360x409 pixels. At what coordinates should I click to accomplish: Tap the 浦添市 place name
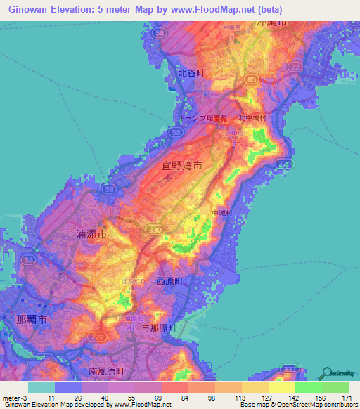click(91, 235)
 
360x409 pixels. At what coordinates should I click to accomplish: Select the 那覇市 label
click(32, 319)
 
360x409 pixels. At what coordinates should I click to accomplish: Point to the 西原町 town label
click(169, 280)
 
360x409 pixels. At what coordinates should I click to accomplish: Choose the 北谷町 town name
click(190, 72)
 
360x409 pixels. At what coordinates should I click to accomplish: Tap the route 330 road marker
click(157, 230)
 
